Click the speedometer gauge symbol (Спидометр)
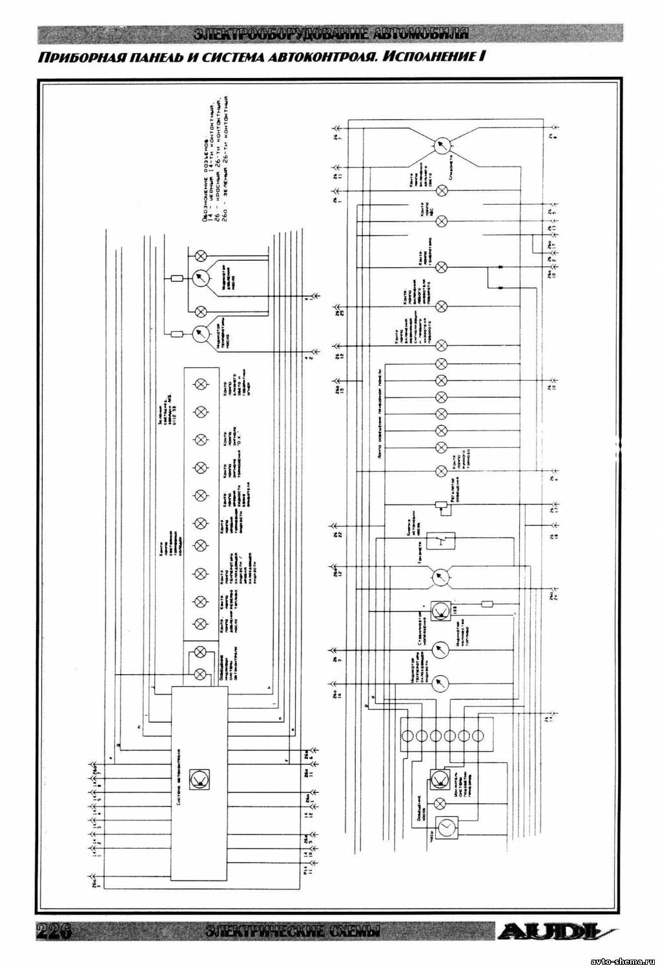[442, 146]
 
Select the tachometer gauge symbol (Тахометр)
[442, 576]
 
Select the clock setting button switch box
[444, 539]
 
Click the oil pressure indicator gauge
[201, 279]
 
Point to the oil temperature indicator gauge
[200, 334]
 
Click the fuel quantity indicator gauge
[442, 649]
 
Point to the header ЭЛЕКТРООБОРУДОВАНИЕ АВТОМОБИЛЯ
[330, 34]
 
